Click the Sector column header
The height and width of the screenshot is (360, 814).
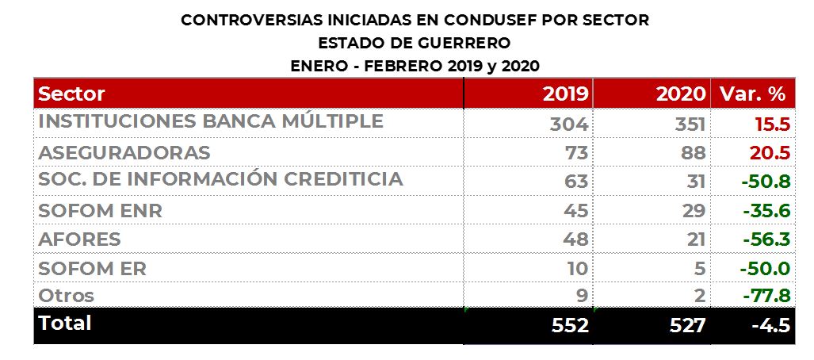point(71,94)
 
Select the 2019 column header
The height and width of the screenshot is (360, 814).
point(565,94)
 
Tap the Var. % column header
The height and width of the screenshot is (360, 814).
point(752,94)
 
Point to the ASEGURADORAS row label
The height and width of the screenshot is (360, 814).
point(124,152)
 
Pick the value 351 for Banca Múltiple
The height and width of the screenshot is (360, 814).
point(687,124)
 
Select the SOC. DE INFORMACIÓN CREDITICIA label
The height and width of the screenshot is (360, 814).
point(220,179)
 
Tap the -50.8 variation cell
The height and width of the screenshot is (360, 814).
point(766,182)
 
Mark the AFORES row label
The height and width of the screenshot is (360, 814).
point(79,239)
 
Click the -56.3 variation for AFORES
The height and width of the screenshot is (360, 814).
point(766,239)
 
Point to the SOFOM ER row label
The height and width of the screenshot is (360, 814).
point(92,268)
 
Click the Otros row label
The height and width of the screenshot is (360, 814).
point(67,296)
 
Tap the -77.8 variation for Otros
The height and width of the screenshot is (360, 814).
point(766,297)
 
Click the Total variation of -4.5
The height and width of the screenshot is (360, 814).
point(770,326)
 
